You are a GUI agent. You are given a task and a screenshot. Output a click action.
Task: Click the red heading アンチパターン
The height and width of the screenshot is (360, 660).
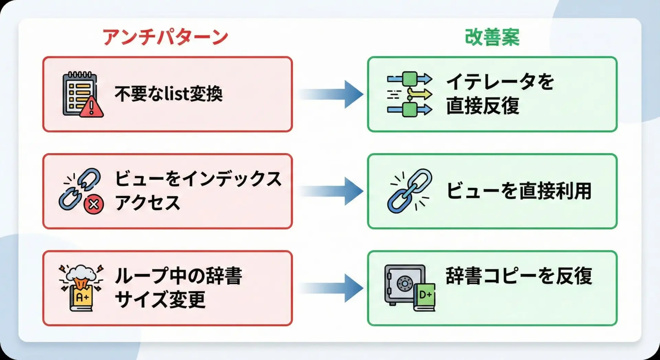click(x=165, y=37)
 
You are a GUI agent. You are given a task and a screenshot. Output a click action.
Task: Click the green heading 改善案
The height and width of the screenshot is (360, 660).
click(x=492, y=37)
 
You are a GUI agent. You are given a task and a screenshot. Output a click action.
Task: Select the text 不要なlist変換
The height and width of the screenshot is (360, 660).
click(x=168, y=94)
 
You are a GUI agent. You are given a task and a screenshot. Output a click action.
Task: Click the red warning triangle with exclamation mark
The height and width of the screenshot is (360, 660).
click(x=91, y=108)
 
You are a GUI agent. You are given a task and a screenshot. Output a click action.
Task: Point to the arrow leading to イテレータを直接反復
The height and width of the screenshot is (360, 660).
click(x=332, y=94)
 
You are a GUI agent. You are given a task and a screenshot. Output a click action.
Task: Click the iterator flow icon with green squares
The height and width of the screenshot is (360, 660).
click(x=409, y=94)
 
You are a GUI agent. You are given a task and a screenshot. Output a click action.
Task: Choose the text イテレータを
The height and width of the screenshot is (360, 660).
click(x=500, y=82)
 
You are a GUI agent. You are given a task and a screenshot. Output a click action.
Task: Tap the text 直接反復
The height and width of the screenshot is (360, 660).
click(x=483, y=106)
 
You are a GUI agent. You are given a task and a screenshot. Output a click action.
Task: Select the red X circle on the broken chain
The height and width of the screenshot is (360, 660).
click(x=93, y=205)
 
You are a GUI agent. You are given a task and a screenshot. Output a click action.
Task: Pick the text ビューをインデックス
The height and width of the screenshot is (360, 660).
click(x=198, y=179)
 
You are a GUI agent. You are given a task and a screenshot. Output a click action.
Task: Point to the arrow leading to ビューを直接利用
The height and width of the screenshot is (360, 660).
click(x=332, y=191)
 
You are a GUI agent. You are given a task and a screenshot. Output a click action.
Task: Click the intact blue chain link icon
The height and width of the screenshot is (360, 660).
click(x=409, y=191)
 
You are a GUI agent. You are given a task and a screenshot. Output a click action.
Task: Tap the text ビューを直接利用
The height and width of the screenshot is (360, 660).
click(x=518, y=191)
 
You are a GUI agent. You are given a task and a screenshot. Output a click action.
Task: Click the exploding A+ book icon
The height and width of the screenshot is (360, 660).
click(x=81, y=288)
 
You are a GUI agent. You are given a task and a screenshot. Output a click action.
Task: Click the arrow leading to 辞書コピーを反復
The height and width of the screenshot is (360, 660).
click(x=332, y=288)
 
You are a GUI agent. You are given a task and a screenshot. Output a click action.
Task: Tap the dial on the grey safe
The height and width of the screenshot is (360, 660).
click(x=405, y=284)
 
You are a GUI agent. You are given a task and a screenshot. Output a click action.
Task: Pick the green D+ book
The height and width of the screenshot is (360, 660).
click(x=425, y=296)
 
